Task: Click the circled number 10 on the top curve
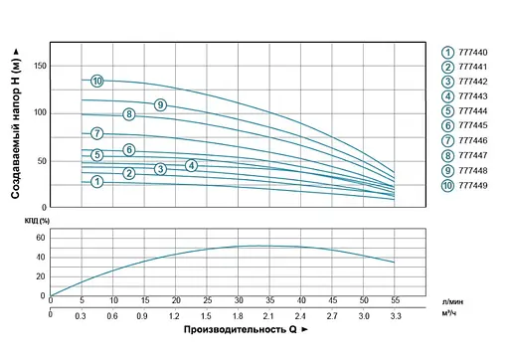[x=97, y=81]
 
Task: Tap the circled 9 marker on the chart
[x=159, y=105]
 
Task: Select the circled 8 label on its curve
[x=129, y=114]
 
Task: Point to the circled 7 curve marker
[x=97, y=133]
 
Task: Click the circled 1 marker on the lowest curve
[x=97, y=181]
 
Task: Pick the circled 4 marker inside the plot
[x=191, y=164]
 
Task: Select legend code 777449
[x=474, y=185]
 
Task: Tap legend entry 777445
[x=474, y=126]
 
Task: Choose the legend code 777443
[x=474, y=96]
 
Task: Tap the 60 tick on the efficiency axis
[x=41, y=238]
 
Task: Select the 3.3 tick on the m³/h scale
[x=395, y=314]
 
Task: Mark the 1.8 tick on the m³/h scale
[x=240, y=314]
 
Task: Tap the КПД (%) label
[x=37, y=220]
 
